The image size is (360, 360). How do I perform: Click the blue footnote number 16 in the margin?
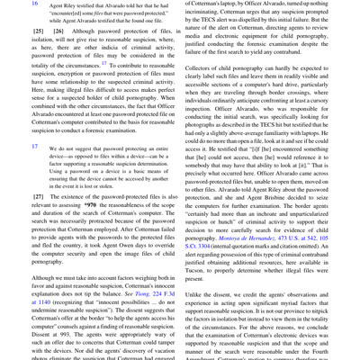coord(10,4)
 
